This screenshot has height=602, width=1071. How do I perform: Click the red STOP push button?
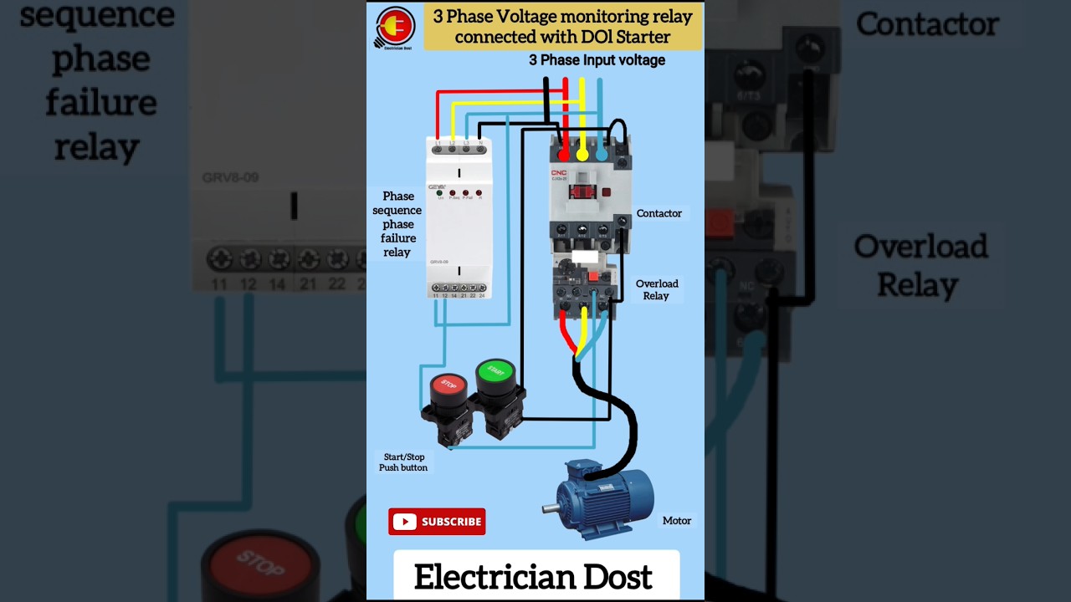(448, 386)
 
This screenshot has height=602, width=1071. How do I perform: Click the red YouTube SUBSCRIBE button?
(437, 522)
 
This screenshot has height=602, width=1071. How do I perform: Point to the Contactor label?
(658, 213)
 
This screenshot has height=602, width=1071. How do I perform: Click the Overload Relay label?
(656, 289)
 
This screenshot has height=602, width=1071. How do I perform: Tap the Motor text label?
(676, 521)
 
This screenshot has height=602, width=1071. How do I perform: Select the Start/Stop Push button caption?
(403, 462)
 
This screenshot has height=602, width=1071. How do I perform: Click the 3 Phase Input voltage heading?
(597, 60)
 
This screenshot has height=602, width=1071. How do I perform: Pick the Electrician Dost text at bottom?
(533, 577)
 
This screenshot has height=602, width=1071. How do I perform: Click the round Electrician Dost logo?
(395, 28)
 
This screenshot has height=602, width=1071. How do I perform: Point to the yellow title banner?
(562, 27)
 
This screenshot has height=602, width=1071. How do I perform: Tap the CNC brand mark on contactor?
(558, 173)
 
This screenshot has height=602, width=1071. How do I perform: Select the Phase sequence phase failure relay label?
(397, 224)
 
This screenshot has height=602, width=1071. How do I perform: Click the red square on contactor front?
(607, 192)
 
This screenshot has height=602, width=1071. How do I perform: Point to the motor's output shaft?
(550, 508)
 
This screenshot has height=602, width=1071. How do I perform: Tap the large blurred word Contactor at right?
(927, 25)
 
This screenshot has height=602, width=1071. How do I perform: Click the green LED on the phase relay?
(439, 193)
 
